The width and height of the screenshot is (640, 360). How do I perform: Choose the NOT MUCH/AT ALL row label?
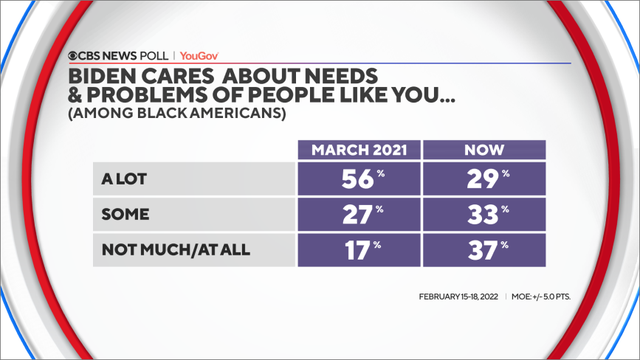161,247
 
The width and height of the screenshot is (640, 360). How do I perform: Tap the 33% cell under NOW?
483,213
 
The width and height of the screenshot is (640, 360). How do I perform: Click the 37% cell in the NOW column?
483,247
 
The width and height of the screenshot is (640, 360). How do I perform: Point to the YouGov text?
201,56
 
